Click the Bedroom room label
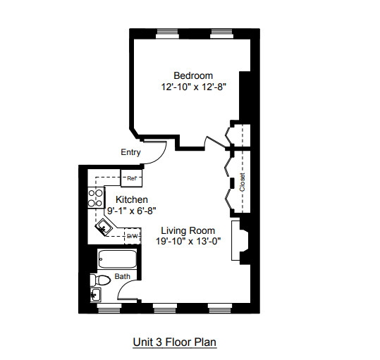(x=192, y=75)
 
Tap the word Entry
(x=130, y=152)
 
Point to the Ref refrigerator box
(x=131, y=179)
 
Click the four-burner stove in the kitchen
(x=94, y=198)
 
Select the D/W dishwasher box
(x=132, y=236)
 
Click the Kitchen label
(x=131, y=199)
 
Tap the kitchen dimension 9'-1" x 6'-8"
(x=131, y=210)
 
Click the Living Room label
(x=188, y=230)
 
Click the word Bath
(x=122, y=277)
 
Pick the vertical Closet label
(x=243, y=182)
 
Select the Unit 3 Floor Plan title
(x=174, y=342)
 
